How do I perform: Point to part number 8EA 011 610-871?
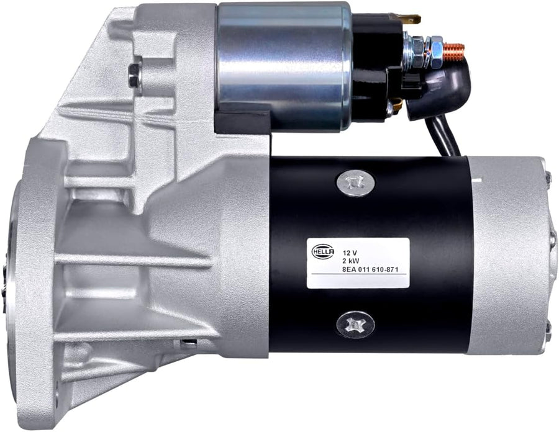370,269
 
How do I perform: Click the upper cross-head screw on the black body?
356,182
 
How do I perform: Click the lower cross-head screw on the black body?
355,325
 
